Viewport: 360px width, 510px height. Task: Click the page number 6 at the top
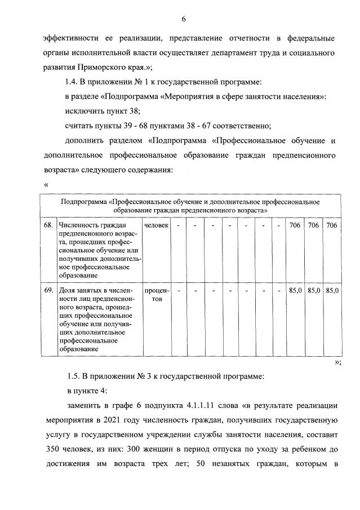pyautogui.click(x=184, y=20)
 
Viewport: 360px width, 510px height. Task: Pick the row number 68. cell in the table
pyautogui.click(x=48, y=225)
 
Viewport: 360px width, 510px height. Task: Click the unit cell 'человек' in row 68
pyautogui.click(x=156, y=225)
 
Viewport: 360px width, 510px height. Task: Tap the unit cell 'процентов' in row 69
pyautogui.click(x=156, y=295)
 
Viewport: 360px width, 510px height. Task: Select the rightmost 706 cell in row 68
pyautogui.click(x=332, y=225)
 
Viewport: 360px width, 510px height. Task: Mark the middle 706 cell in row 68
pyautogui.click(x=313, y=225)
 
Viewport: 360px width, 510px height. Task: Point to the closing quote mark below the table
pyautogui.click(x=337, y=363)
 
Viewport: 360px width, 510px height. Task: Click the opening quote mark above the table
pyautogui.click(x=45, y=184)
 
